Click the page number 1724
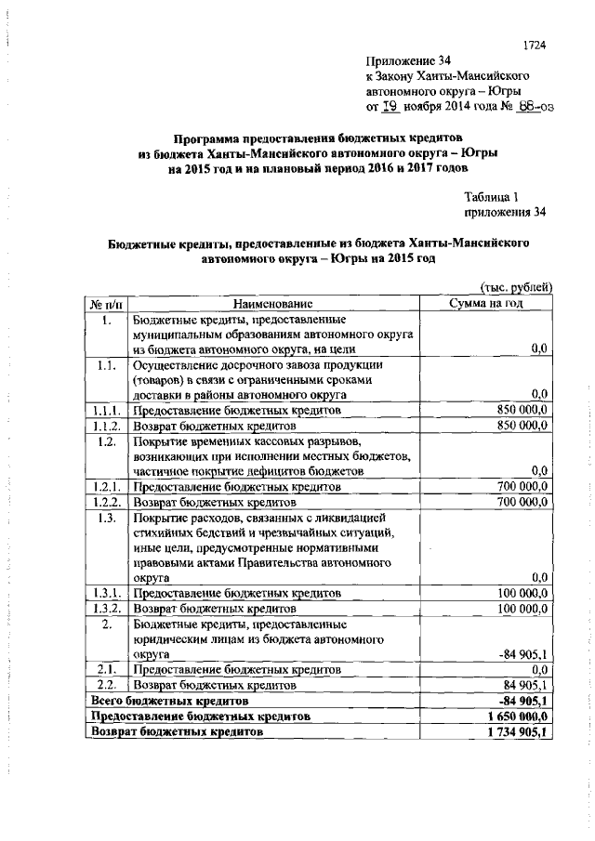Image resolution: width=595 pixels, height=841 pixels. click(x=535, y=44)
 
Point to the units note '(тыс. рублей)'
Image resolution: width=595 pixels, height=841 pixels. click(x=516, y=288)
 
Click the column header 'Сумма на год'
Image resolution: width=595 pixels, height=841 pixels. click(x=487, y=303)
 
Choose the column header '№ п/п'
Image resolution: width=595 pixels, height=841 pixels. click(x=107, y=303)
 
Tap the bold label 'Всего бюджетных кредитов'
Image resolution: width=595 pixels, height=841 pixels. click(x=168, y=700)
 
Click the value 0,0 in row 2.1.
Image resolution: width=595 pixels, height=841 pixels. click(x=539, y=669)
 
